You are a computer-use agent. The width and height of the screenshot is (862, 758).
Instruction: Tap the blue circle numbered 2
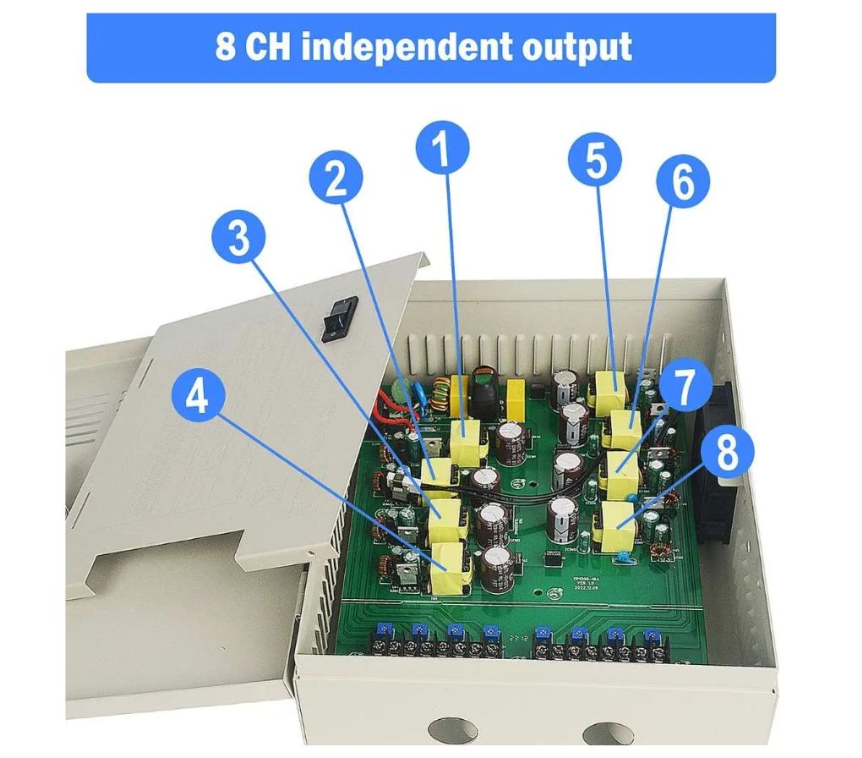point(336,179)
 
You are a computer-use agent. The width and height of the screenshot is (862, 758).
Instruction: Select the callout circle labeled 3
point(239,239)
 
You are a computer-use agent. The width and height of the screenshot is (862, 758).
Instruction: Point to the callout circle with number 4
point(198,397)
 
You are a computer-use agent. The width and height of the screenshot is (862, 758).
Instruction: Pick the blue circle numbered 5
point(595,161)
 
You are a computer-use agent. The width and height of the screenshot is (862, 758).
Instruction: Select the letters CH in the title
point(269,47)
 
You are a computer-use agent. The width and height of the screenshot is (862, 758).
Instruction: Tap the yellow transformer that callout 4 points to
point(450,568)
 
